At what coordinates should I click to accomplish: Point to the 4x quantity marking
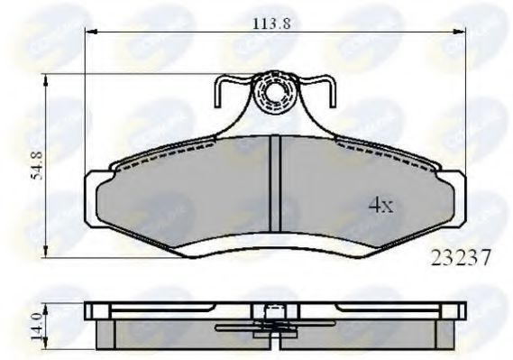pyautogui.click(x=381, y=206)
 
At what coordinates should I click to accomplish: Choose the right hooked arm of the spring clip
pyautogui.click(x=325, y=90)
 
